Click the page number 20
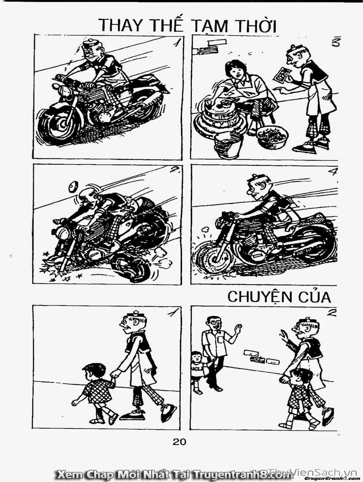click(180, 441)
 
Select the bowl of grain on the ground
click(272, 137)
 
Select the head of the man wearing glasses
click(213, 324)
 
